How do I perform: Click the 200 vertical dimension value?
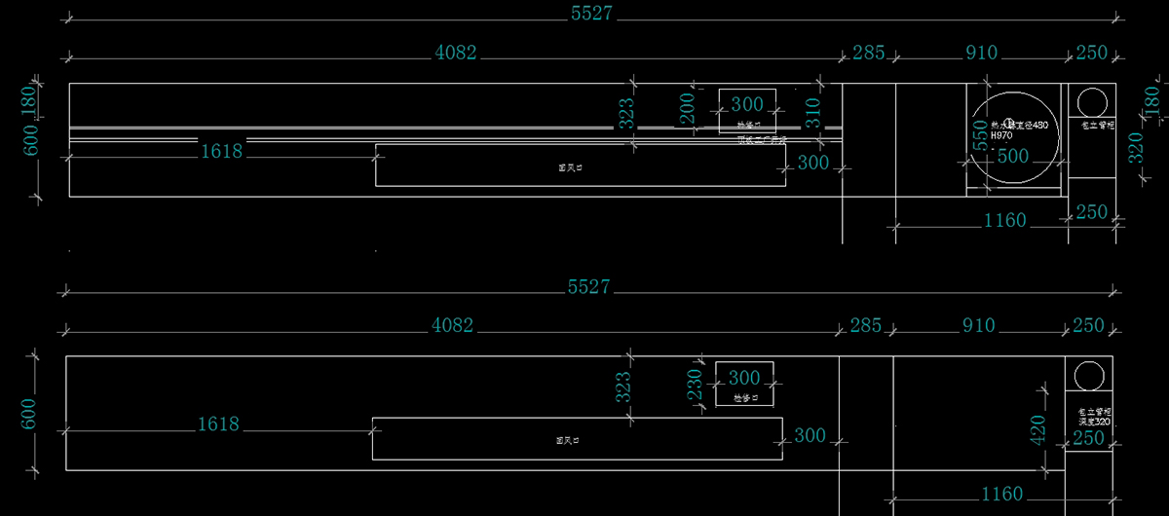(687, 108)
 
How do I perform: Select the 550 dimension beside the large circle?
(980, 141)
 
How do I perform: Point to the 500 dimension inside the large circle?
(1013, 156)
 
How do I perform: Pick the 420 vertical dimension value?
(1037, 427)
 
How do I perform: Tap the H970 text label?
(1001, 136)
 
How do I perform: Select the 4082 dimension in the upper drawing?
(456, 54)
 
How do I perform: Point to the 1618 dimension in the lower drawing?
(218, 425)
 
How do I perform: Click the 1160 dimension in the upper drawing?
(1005, 221)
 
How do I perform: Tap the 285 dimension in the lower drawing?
(866, 325)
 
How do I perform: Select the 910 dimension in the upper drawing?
(981, 54)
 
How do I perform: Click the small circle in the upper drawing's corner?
(1092, 102)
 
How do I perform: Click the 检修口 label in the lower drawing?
(745, 398)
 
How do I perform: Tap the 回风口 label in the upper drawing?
(570, 167)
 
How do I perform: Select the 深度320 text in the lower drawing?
(1095, 423)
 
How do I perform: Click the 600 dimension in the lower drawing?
(28, 414)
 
